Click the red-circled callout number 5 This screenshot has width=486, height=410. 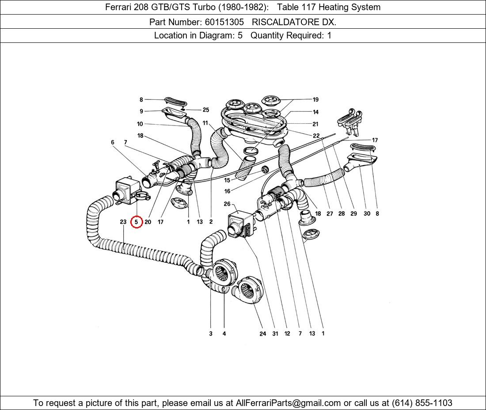[x=137, y=222]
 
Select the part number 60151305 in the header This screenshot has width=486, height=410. [x=224, y=22]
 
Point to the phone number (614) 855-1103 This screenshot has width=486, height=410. [x=422, y=403]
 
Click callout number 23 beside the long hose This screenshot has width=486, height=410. [x=123, y=222]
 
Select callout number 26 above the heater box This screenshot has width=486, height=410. [x=227, y=204]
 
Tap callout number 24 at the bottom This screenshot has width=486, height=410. [x=263, y=334]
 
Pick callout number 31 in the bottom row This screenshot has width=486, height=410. [x=275, y=334]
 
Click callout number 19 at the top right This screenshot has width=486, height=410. [x=315, y=100]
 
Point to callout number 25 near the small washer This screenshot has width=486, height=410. [x=206, y=110]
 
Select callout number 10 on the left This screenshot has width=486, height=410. [x=140, y=124]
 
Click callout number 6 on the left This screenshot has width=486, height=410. [x=113, y=142]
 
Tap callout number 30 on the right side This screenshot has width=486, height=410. [x=367, y=213]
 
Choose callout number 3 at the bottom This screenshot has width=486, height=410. [x=211, y=334]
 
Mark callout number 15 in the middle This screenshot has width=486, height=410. [x=227, y=180]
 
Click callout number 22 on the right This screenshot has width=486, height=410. [x=316, y=136]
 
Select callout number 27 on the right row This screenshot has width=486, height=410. [x=330, y=213]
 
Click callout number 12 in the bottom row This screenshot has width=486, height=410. [x=287, y=334]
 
